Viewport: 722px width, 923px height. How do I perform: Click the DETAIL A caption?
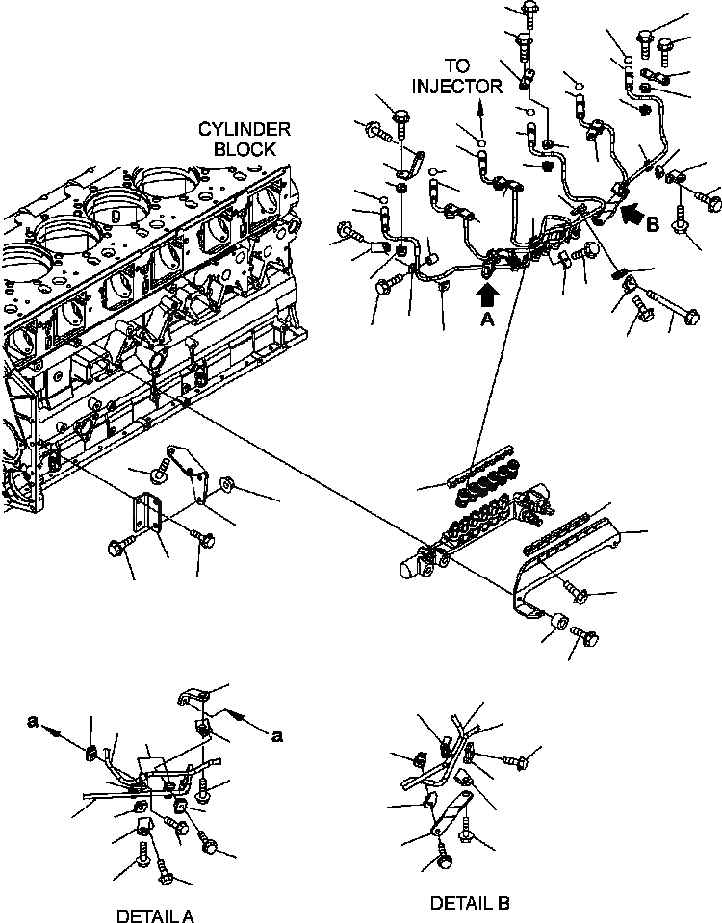pos(156,915)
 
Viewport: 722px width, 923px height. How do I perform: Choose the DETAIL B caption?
pos(470,903)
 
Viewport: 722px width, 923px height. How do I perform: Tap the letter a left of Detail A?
pos(33,729)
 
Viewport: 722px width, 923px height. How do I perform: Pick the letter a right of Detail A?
pos(276,736)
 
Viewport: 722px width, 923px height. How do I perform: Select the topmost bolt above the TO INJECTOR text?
pos(529,9)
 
